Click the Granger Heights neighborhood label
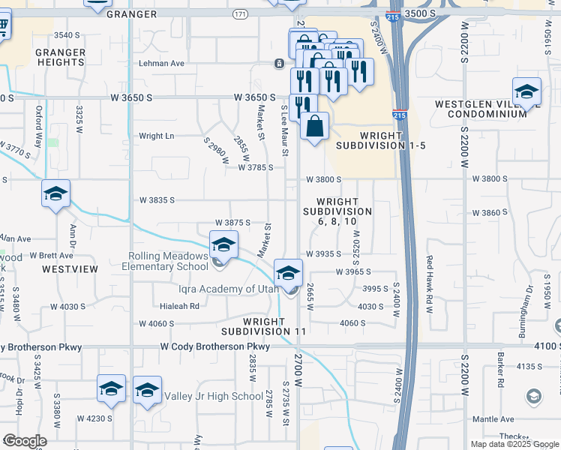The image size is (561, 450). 60,57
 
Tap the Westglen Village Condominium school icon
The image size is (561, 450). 526,92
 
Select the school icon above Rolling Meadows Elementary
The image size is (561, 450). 223,244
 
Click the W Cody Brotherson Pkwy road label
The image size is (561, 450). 215,346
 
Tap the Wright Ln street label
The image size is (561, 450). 156,136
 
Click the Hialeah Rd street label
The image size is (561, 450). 179,306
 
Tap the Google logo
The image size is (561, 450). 25,441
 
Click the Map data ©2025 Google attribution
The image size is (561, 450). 514,444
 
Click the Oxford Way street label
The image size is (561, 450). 38,126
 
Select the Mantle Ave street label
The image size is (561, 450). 485,418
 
